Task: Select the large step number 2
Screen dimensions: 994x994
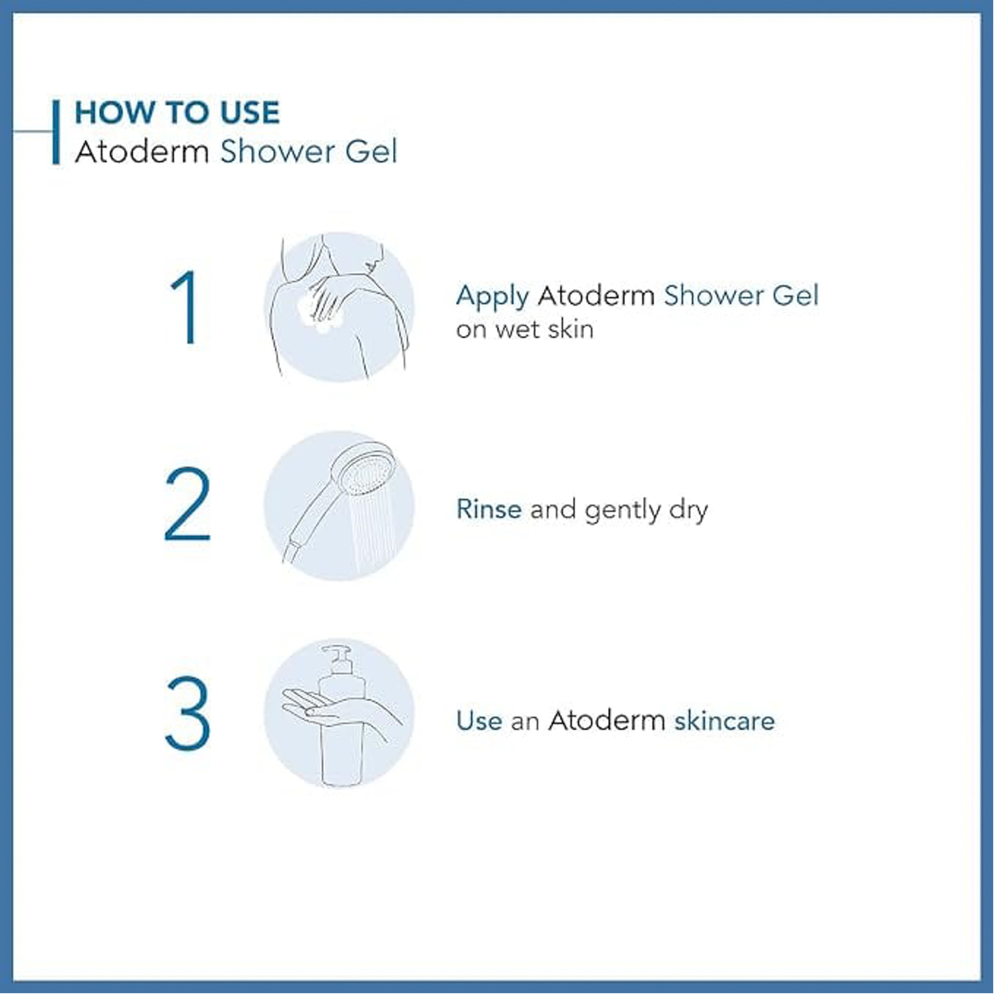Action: coord(187,504)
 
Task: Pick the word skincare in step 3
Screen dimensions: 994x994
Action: coord(725,720)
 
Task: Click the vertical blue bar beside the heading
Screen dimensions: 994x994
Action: coord(56,132)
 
